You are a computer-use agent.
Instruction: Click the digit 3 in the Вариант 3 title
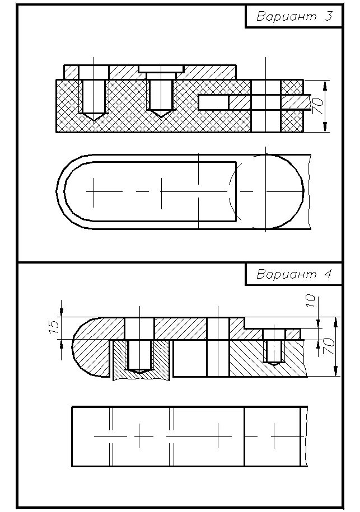(328, 16)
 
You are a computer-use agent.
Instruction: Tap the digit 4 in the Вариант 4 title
(328, 275)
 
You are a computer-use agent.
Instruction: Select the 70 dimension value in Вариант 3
(317, 106)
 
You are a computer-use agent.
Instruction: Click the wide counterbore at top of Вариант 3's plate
(161, 69)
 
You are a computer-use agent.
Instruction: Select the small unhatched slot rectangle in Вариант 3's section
(213, 101)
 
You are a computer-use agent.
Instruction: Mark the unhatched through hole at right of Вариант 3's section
(266, 106)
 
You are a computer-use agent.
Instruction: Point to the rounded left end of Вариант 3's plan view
(62, 191)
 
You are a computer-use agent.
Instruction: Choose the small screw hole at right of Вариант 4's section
(274, 349)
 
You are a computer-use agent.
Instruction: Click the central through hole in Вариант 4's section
(218, 347)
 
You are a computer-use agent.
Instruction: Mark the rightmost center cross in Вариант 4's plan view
(274, 435)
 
